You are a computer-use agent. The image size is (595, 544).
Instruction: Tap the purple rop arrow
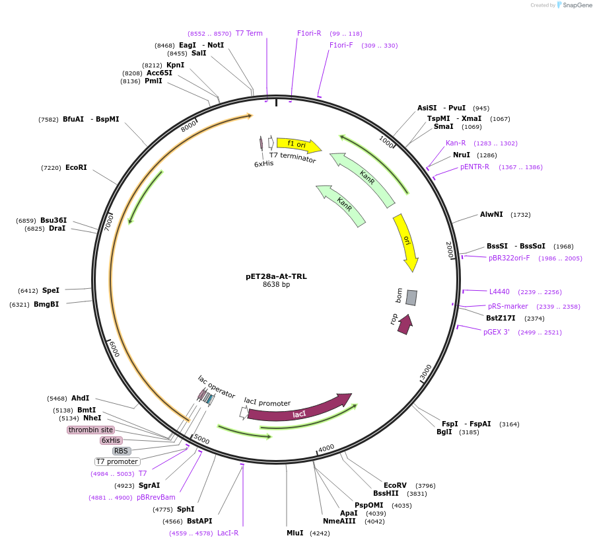(404, 323)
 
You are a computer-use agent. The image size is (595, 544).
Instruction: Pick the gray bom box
(411, 297)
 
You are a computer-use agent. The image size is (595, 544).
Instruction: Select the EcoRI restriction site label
(76, 168)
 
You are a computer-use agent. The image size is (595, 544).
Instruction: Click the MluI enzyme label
(295, 533)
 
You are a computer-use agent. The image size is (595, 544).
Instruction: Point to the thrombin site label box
(90, 430)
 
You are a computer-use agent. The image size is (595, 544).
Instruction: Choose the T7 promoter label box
(117, 462)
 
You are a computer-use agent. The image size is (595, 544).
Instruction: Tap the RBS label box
(121, 451)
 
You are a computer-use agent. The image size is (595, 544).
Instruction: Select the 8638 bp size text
(276, 285)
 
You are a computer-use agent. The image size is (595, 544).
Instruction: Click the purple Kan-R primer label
(456, 143)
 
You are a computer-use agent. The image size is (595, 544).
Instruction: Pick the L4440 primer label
(499, 291)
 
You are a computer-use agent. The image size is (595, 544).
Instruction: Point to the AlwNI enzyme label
(491, 214)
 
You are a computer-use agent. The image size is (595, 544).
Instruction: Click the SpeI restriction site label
(51, 290)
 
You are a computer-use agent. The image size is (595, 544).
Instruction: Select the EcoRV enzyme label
(395, 485)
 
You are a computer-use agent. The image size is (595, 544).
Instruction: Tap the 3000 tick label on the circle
(426, 372)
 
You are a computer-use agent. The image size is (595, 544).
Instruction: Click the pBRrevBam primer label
(156, 497)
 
